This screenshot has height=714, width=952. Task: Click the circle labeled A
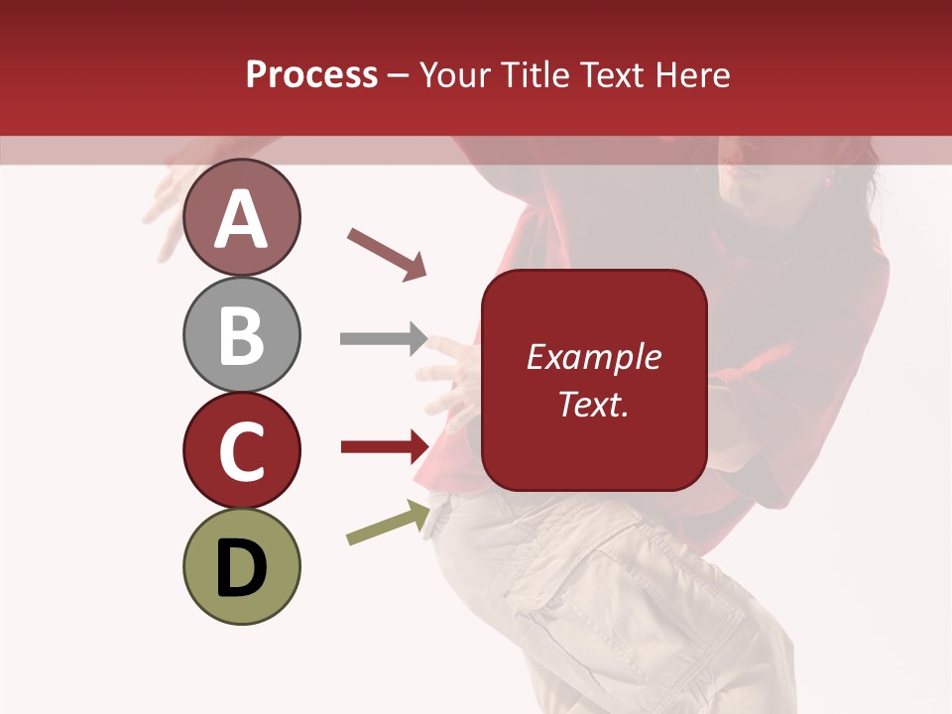(x=241, y=217)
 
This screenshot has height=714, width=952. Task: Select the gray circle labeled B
(x=241, y=334)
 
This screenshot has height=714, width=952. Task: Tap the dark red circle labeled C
(x=241, y=450)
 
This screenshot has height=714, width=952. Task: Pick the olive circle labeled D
(x=241, y=566)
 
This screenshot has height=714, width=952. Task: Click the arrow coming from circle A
(x=388, y=253)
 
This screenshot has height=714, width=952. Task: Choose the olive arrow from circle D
(x=388, y=523)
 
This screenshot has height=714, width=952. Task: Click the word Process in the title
(x=311, y=74)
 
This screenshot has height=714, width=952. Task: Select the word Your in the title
(x=455, y=74)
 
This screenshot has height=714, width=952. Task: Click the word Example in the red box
(x=593, y=357)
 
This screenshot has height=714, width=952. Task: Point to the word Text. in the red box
(x=593, y=404)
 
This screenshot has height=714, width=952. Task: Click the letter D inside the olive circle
(x=241, y=568)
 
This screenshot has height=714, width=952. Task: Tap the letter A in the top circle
(x=241, y=220)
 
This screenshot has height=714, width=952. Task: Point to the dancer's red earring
(x=828, y=180)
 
